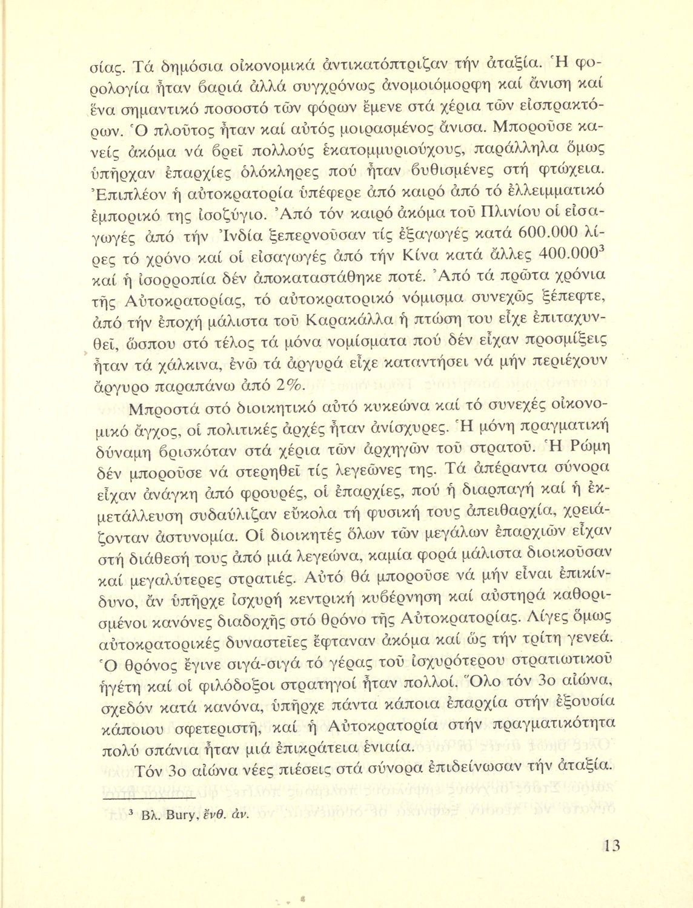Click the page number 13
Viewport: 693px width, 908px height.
609,844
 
